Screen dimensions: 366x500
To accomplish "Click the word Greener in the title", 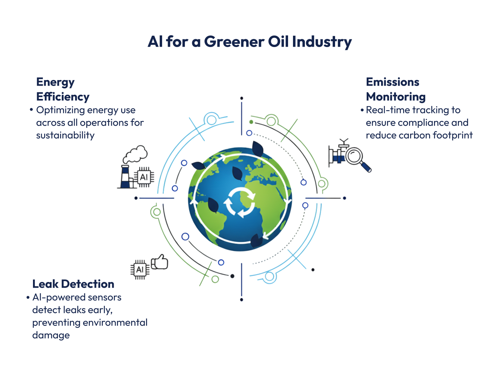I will click(234, 42).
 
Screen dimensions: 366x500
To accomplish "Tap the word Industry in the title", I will click(322, 42).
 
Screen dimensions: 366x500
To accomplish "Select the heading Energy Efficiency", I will click(63, 89).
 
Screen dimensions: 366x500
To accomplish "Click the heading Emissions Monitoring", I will click(395, 89).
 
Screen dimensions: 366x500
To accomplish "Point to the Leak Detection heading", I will click(73, 284).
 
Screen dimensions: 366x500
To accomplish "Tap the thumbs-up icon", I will click(160, 262).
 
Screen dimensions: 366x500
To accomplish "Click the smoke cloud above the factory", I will click(135, 154).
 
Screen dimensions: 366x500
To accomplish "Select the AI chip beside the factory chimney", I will click(144, 177).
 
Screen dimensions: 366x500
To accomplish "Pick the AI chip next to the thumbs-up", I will click(140, 269).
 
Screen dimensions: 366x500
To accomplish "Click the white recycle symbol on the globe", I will click(240, 202).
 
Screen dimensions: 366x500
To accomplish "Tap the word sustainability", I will click(65, 135).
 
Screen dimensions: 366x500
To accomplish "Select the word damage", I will click(51, 335).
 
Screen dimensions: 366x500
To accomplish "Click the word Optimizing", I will click(60, 110).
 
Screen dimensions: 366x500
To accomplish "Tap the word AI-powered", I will click(59, 298).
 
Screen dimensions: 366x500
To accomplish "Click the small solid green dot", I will click(251, 122).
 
